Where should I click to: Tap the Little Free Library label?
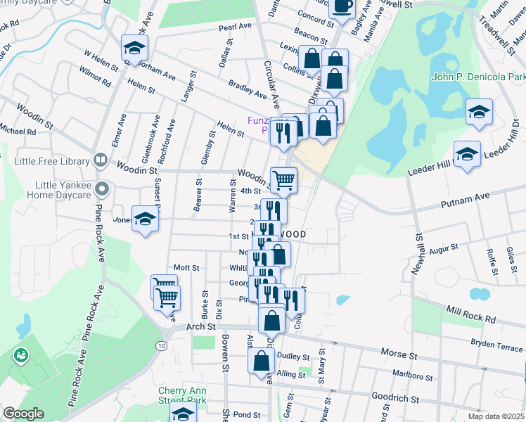click(53, 162)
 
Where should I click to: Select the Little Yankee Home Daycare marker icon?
click(103, 188)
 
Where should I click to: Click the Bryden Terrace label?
click(497, 346)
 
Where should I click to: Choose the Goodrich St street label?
click(394, 399)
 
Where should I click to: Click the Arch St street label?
click(201, 328)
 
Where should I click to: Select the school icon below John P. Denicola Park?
click(479, 111)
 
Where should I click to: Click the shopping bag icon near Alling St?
click(261, 362)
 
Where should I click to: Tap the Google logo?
click(23, 414)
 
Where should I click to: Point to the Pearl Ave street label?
click(235, 26)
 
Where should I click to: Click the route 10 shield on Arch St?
click(162, 346)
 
